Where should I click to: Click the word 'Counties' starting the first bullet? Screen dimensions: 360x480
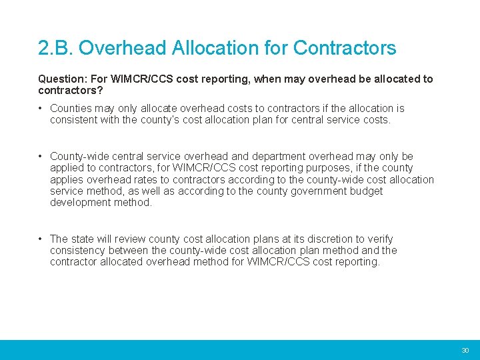pos(71,108)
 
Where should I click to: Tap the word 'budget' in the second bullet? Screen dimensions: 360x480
pos(367,191)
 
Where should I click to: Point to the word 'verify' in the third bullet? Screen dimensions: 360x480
pos(378,239)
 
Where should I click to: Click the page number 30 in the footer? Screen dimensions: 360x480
pos(465,350)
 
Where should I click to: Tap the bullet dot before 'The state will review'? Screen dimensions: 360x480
pos(41,239)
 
